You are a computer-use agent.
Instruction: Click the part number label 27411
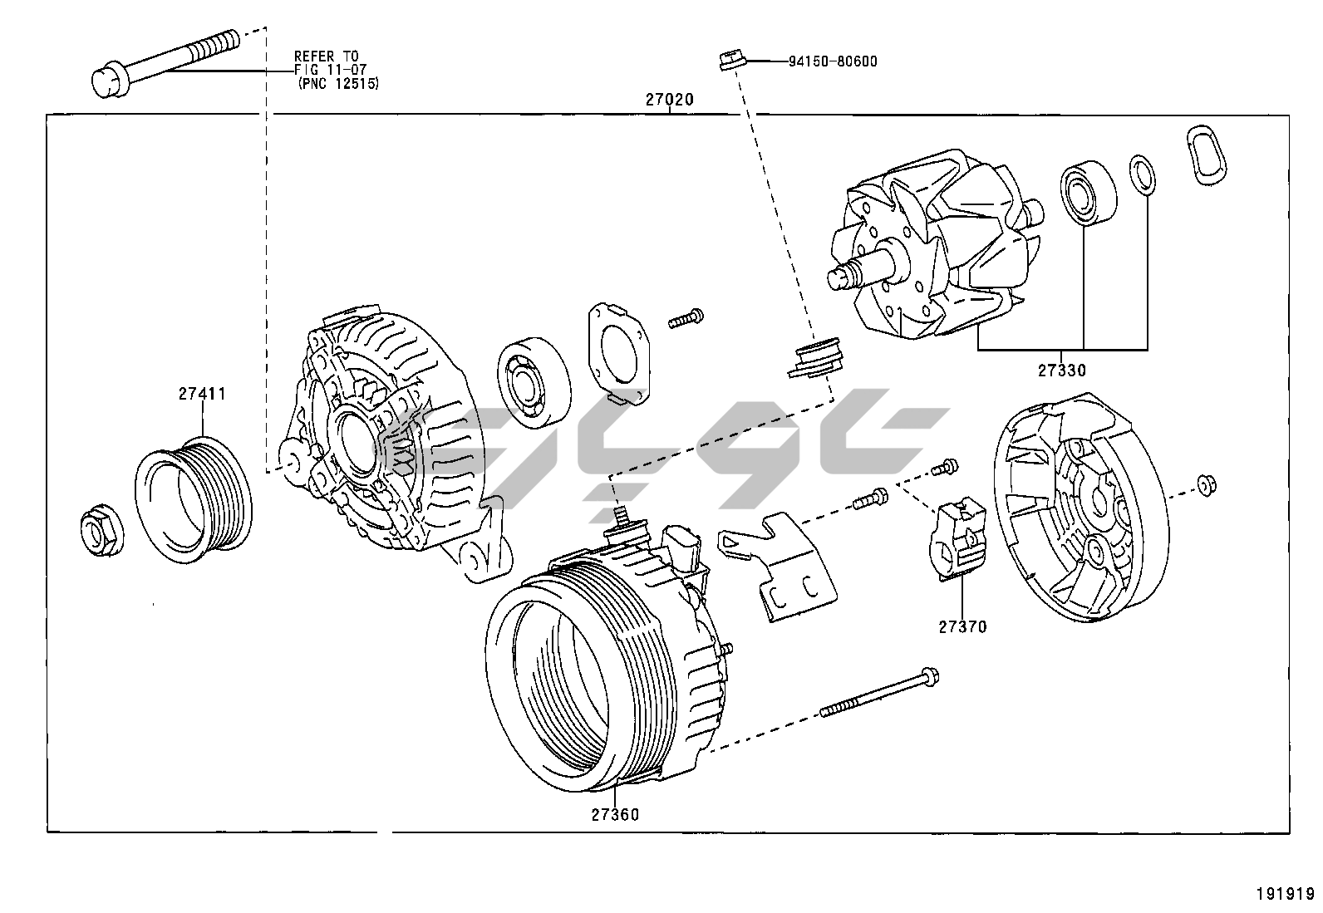coord(202,394)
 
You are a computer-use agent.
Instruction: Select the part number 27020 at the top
coord(669,100)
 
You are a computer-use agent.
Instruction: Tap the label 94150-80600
coord(832,61)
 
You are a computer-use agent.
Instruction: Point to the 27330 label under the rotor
coord(1061,371)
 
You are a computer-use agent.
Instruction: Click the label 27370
coord(962,627)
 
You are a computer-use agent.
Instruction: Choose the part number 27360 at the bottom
coord(616,815)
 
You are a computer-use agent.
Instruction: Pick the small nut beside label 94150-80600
coord(730,61)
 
